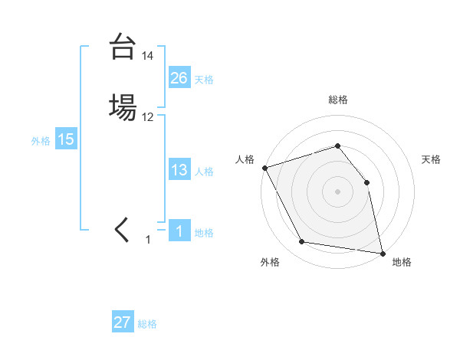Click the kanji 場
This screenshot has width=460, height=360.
[x=122, y=107]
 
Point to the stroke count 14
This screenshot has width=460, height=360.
[x=148, y=56]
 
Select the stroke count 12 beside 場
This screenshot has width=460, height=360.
[x=148, y=117]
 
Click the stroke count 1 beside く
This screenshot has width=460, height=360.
[x=148, y=240]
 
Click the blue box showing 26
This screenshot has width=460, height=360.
[x=179, y=77]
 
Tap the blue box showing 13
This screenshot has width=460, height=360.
[x=179, y=170]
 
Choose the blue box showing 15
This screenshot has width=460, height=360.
[x=66, y=139]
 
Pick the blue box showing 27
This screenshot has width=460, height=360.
[x=123, y=322]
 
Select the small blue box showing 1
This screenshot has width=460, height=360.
[x=179, y=231]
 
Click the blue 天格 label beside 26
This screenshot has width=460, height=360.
[x=204, y=79]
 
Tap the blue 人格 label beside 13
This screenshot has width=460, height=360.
[x=204, y=172]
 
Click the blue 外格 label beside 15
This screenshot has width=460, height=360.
[x=41, y=141]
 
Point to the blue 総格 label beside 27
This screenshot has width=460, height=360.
[x=147, y=324]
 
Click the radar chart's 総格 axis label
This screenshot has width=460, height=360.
[x=337, y=100]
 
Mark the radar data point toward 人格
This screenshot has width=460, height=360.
[x=264, y=168]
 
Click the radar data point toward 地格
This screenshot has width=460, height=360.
[x=382, y=252]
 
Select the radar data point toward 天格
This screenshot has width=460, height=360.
[x=366, y=182]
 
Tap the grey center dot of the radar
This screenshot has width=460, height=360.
[x=337, y=191]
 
